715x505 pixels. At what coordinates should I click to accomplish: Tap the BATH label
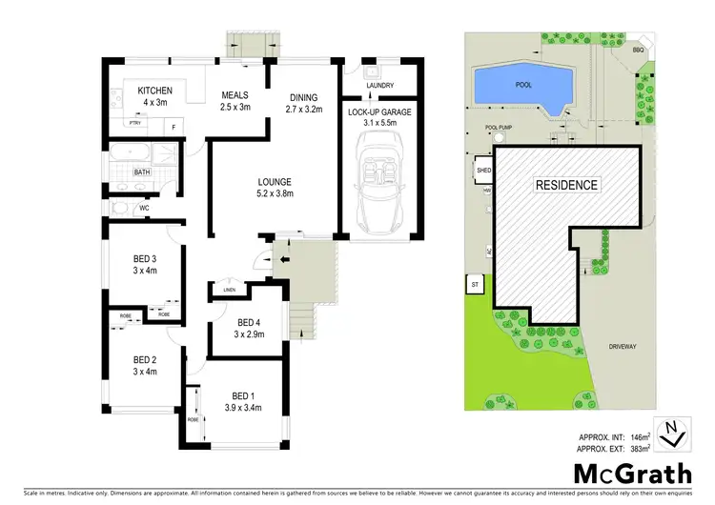[x=142, y=172]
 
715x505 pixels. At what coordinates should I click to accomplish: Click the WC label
[x=144, y=208]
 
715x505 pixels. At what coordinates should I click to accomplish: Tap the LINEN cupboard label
[x=229, y=290]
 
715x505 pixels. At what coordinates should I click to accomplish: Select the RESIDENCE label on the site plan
[x=566, y=185]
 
